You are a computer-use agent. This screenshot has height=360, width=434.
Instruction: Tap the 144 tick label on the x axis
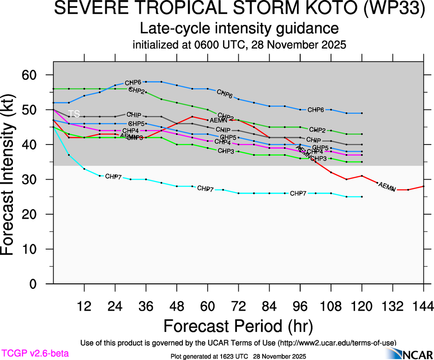click(x=423, y=306)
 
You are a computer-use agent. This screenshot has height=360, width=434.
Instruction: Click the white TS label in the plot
click(x=74, y=114)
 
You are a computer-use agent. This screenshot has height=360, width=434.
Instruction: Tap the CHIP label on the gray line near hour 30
click(x=134, y=114)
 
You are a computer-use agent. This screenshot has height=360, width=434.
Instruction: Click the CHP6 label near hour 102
click(x=316, y=110)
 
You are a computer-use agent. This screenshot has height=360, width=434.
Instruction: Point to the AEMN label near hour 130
click(x=387, y=186)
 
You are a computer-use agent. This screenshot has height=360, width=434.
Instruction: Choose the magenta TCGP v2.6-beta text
click(x=35, y=354)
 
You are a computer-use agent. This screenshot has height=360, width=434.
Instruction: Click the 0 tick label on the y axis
click(x=39, y=284)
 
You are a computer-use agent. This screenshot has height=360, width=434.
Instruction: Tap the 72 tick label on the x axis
click(x=238, y=306)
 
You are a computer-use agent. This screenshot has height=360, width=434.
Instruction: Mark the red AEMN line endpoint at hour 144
click(x=423, y=186)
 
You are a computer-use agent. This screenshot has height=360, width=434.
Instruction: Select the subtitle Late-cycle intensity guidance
click(x=239, y=29)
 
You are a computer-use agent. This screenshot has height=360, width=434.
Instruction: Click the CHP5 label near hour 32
click(x=136, y=124)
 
